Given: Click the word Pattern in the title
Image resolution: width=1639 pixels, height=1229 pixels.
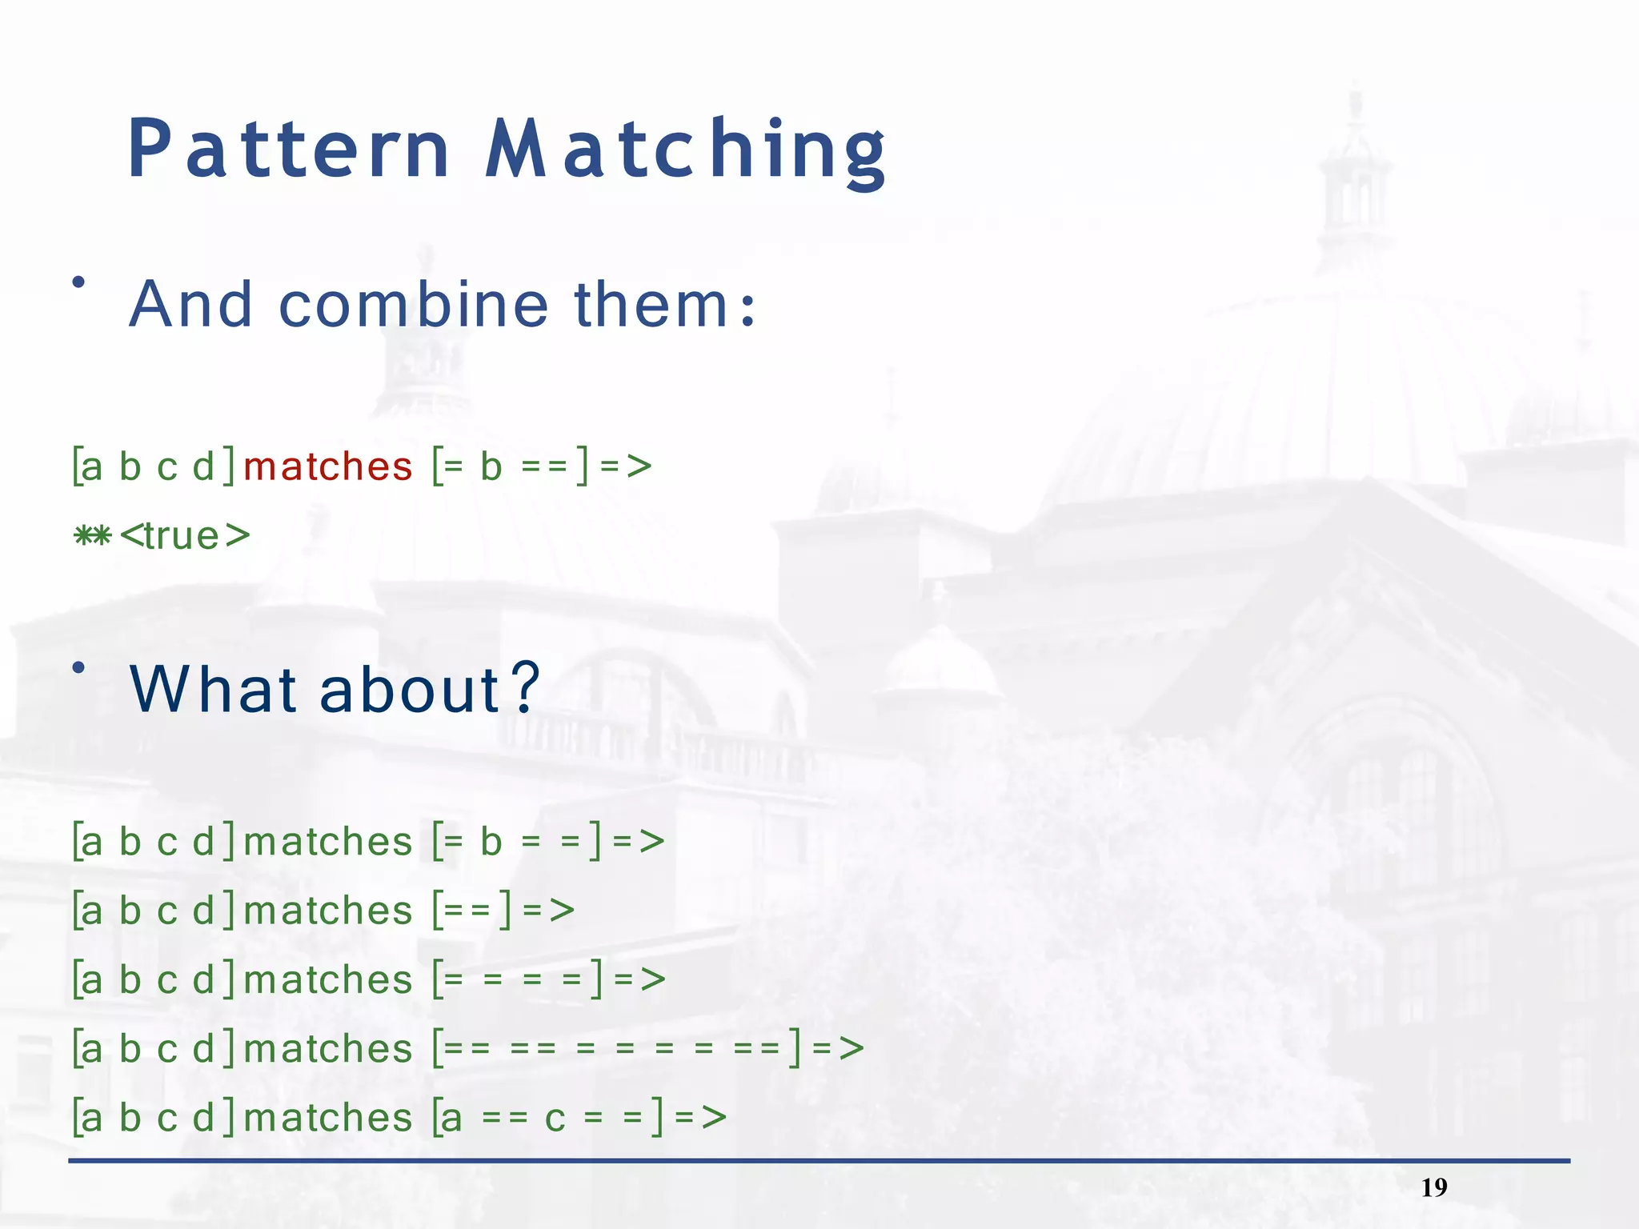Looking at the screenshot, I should pyautogui.click(x=289, y=150).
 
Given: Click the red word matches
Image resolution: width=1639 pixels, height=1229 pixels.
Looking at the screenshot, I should pyautogui.click(x=327, y=466).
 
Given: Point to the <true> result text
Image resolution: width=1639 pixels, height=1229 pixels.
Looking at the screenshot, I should pyautogui.click(x=185, y=536).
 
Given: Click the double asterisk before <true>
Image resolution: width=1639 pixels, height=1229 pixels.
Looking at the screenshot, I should pyautogui.click(x=92, y=536).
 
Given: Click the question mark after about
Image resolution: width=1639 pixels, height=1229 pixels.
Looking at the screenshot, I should pyautogui.click(x=525, y=689).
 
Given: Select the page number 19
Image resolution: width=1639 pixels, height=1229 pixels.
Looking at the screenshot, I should pyautogui.click(x=1433, y=1187).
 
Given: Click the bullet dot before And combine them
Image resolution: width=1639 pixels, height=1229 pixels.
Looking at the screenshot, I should pyautogui.click(x=78, y=282).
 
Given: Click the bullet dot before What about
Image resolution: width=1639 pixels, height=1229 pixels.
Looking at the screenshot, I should pyautogui.click(x=78, y=667).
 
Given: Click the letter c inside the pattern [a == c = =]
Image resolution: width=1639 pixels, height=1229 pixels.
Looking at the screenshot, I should pyautogui.click(x=555, y=1119).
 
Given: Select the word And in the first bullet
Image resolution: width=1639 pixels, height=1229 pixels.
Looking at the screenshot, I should pyautogui.click(x=191, y=305).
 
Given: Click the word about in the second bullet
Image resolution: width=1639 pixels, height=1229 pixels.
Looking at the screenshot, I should pyautogui.click(x=410, y=689).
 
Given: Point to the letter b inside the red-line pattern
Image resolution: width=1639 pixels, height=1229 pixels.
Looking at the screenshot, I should pyautogui.click(x=491, y=466).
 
